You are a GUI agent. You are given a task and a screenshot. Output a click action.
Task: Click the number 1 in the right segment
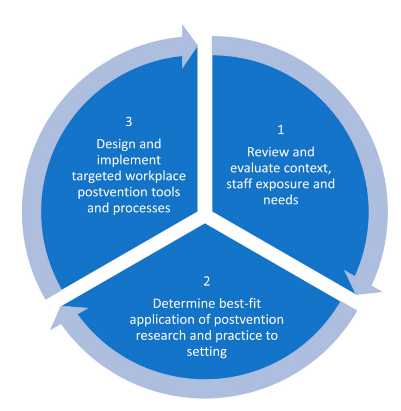pyautogui.click(x=281, y=130)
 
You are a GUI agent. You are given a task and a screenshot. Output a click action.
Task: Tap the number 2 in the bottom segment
pyautogui.click(x=207, y=281)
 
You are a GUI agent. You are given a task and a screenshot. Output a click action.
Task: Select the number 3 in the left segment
pyautogui.click(x=129, y=122)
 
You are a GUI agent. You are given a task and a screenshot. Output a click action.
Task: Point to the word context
pyautogui.click(x=307, y=168)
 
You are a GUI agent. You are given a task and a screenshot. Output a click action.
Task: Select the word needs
pyautogui.click(x=281, y=200)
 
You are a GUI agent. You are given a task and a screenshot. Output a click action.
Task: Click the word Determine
pyautogui.click(x=184, y=304)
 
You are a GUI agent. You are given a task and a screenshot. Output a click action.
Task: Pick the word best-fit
pyautogui.click(x=240, y=304)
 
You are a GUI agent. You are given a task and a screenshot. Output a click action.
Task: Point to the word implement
pyautogui.click(x=129, y=160)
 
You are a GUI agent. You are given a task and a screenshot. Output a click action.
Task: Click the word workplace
pyautogui.click(x=156, y=176)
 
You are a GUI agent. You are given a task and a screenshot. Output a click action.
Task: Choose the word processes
pyautogui.click(x=141, y=208)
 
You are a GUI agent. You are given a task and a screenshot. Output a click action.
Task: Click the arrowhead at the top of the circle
pyautogui.click(x=190, y=46)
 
